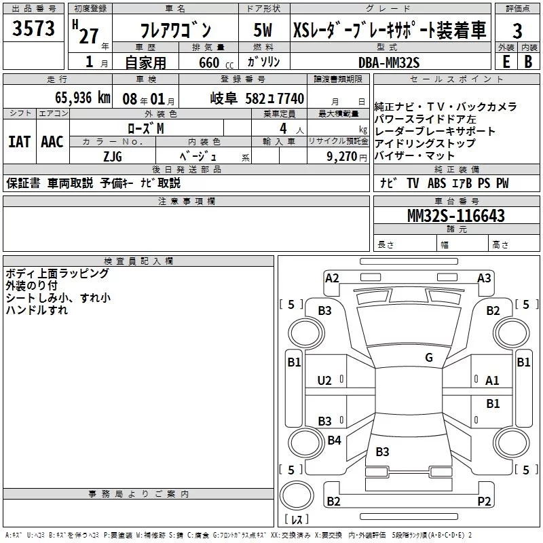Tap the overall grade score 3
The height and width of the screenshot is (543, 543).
(x=517, y=31)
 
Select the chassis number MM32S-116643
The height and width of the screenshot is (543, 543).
(x=455, y=216)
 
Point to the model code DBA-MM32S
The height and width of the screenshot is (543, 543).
(x=389, y=62)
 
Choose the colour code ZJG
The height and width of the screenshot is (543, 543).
(x=112, y=155)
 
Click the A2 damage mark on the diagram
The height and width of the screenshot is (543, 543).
(x=332, y=278)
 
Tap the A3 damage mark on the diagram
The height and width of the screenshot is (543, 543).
(x=484, y=278)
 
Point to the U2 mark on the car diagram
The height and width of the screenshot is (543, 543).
(x=325, y=381)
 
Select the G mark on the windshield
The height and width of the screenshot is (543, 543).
(x=428, y=358)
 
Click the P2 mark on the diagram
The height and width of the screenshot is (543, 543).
(x=484, y=502)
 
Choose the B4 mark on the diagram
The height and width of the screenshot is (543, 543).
(x=334, y=441)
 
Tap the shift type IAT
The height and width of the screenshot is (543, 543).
(x=19, y=141)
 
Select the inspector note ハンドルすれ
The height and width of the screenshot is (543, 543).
(x=37, y=310)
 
